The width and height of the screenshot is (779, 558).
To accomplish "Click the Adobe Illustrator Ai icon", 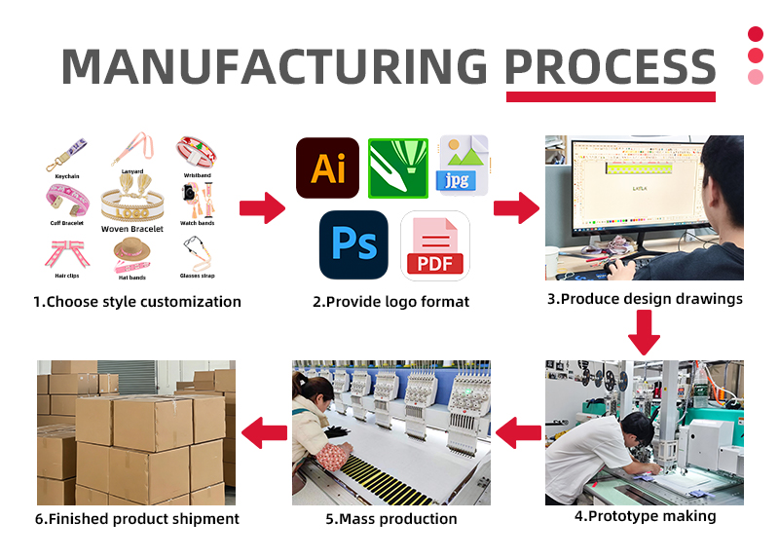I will click(x=327, y=168).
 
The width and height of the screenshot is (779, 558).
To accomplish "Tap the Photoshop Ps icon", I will click(x=352, y=243).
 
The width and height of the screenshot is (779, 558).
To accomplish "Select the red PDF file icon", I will click(x=435, y=246).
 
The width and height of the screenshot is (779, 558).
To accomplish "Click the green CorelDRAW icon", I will click(x=397, y=168).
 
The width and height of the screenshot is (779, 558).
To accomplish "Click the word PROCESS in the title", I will click(x=610, y=65).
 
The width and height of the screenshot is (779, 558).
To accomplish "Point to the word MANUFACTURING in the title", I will click(x=275, y=65).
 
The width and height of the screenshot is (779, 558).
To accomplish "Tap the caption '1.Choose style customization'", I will click(x=137, y=302).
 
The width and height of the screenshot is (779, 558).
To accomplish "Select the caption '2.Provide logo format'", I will click(x=390, y=302).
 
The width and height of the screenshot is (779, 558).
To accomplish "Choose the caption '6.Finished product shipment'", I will click(x=137, y=519).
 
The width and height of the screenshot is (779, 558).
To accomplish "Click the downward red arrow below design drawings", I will click(x=644, y=334).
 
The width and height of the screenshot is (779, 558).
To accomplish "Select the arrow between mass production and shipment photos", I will click(x=263, y=432).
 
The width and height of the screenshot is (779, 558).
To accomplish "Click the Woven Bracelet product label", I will click(x=133, y=229).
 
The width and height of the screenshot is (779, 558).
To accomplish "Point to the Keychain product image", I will click(x=66, y=157).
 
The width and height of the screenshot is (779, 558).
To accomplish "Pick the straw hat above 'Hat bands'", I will click(x=133, y=250).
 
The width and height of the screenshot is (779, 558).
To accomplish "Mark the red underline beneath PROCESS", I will click(x=611, y=96).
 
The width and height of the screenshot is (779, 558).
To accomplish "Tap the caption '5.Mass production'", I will click(x=390, y=519).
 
